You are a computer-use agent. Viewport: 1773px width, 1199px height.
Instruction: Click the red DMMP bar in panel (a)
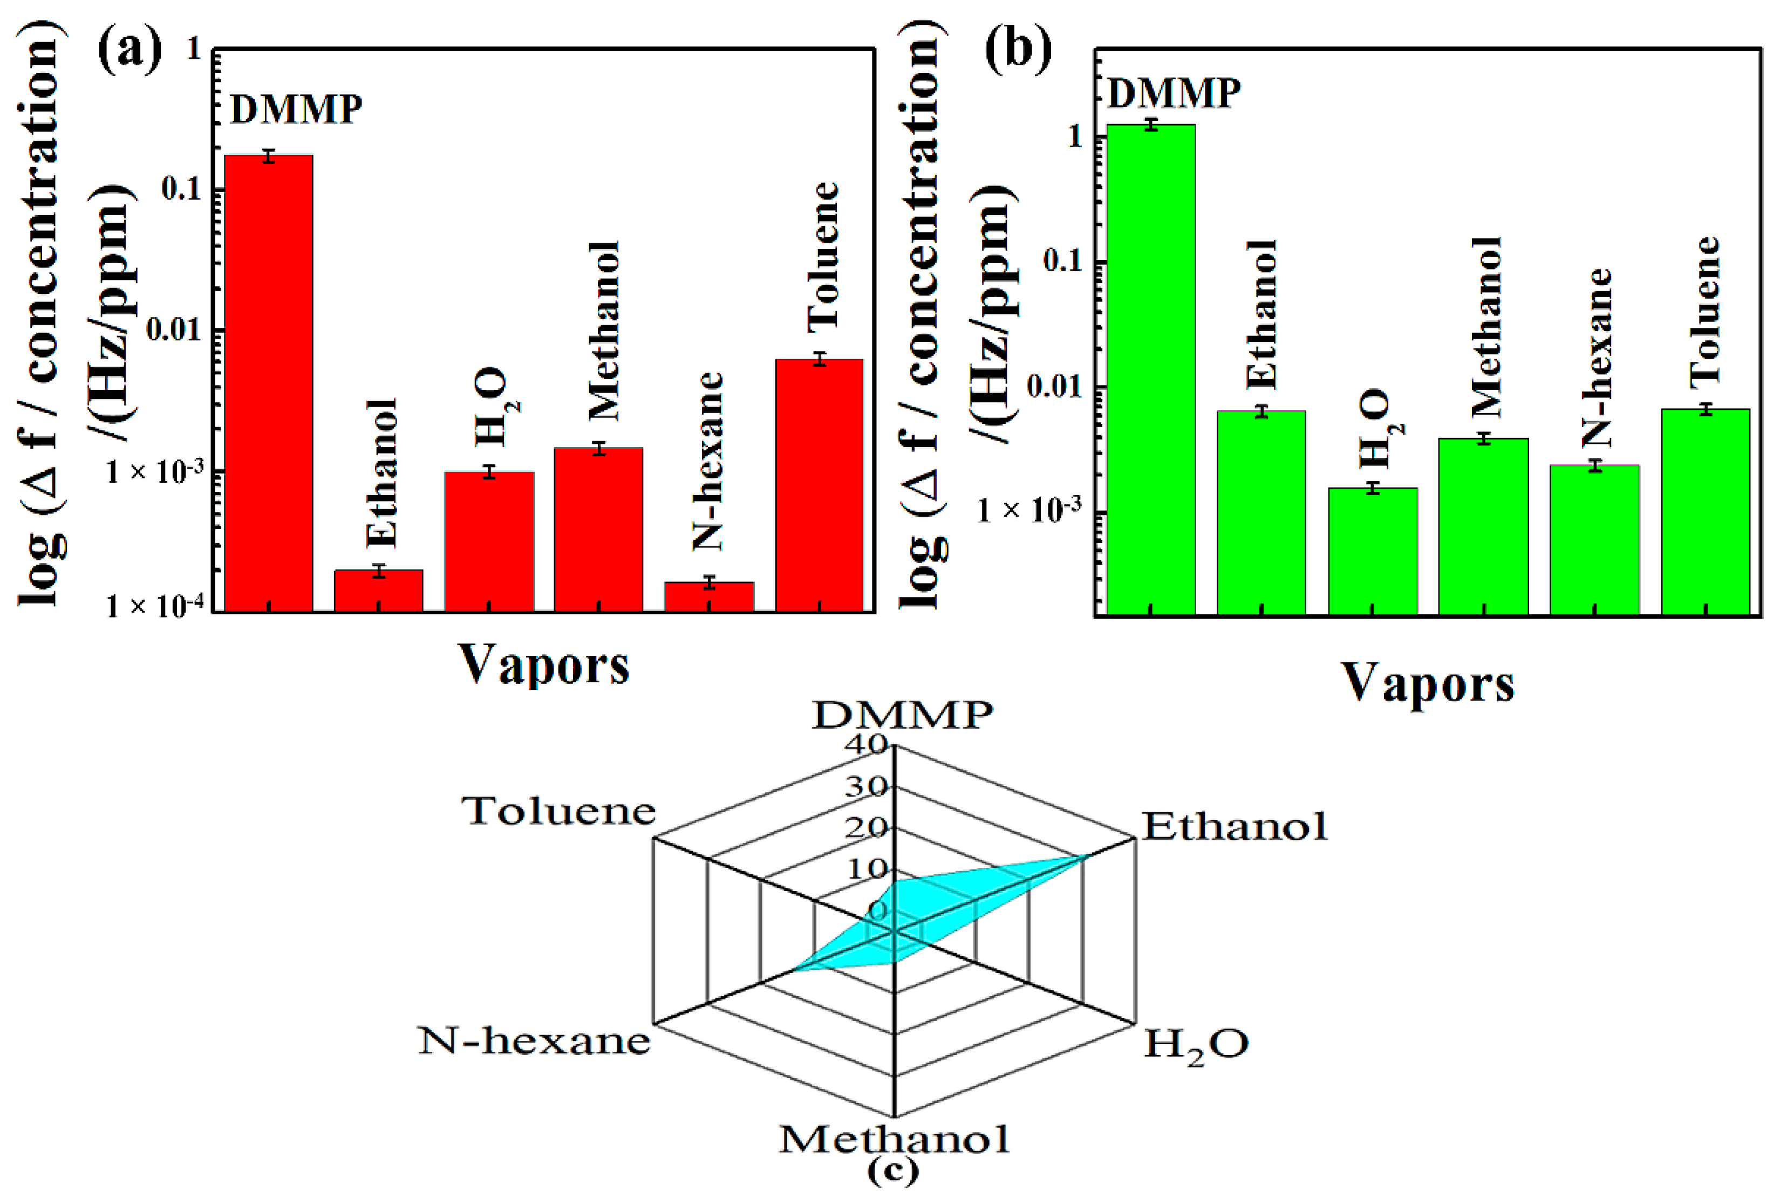[269, 381]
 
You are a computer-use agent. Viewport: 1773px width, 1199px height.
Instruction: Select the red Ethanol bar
[378, 591]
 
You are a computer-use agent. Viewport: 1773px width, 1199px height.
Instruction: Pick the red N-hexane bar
[709, 597]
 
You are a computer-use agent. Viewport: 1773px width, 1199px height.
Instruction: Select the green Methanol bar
[1483, 526]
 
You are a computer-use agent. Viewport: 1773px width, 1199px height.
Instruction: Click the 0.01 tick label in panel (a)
[174, 330]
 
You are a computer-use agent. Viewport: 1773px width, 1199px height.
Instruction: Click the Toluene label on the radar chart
[558, 811]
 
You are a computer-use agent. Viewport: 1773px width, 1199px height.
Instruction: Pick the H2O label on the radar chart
[1196, 1044]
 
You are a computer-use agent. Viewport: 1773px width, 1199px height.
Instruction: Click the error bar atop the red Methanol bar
[599, 449]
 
